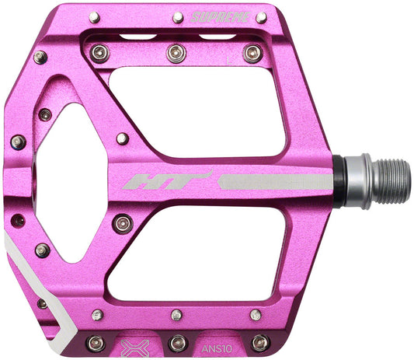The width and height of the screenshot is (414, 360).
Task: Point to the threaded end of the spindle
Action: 389,180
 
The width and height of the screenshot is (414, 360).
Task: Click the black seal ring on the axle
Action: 340,180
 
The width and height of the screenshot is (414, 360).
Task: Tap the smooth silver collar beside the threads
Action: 356,180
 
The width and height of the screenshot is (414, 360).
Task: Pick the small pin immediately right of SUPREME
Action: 261,17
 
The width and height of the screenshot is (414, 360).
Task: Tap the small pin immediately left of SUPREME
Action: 178,17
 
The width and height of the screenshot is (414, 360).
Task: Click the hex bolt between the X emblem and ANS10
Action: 178,341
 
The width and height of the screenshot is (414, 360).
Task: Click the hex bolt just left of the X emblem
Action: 96,342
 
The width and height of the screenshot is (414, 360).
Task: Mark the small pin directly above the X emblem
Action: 97,315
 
